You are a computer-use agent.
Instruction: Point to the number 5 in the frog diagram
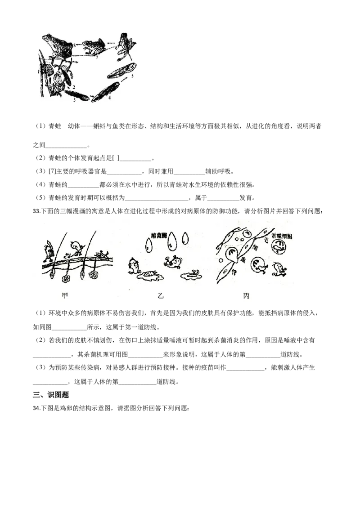132,77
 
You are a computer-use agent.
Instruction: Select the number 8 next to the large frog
74,43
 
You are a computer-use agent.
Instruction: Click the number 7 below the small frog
96,57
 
